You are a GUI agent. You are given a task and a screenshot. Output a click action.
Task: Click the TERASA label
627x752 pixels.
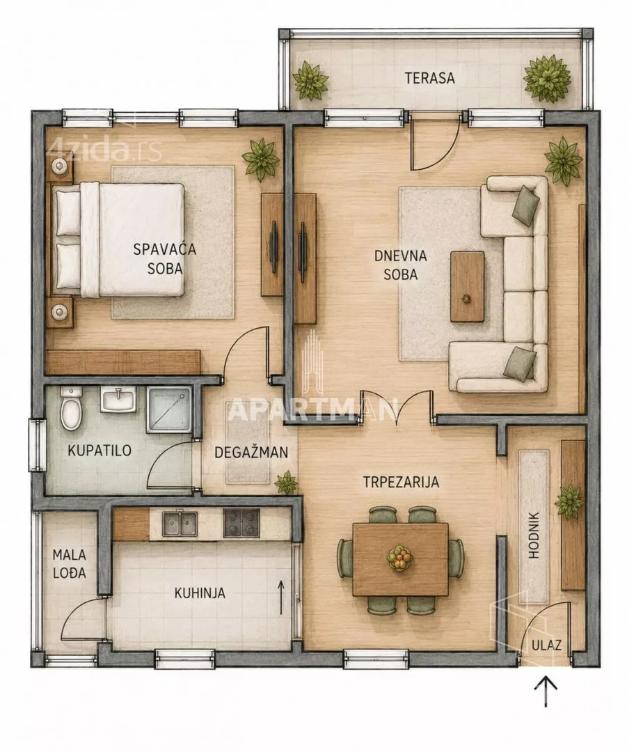[429, 78]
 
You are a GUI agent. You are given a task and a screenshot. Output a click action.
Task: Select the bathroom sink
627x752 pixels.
[118, 400]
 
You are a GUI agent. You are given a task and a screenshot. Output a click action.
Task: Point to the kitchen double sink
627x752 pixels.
[180, 523]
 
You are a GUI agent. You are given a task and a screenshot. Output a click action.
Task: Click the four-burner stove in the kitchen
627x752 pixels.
[241, 523]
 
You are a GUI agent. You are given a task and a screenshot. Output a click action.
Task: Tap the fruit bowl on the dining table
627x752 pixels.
[399, 558]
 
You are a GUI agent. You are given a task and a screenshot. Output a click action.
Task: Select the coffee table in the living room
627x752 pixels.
[468, 287]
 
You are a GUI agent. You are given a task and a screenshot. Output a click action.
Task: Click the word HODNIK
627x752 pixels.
[534, 535]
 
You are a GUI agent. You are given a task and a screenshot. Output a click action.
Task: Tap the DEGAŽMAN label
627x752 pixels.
[251, 453]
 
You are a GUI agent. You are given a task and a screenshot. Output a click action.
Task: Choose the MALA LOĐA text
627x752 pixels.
[69, 563]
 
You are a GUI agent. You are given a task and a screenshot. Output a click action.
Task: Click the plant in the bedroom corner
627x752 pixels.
[261, 159]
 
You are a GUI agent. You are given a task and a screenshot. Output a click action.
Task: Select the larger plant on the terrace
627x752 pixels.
[548, 79]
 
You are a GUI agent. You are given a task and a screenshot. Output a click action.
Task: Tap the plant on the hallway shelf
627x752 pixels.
[569, 502]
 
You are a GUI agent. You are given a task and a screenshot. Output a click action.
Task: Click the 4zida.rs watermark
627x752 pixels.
[106, 149]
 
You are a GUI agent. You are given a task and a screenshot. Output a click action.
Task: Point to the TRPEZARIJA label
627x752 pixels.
[401, 482]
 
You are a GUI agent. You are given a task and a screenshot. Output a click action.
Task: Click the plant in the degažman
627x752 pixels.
[287, 483]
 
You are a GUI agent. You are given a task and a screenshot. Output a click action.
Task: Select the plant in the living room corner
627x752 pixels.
[564, 161]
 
